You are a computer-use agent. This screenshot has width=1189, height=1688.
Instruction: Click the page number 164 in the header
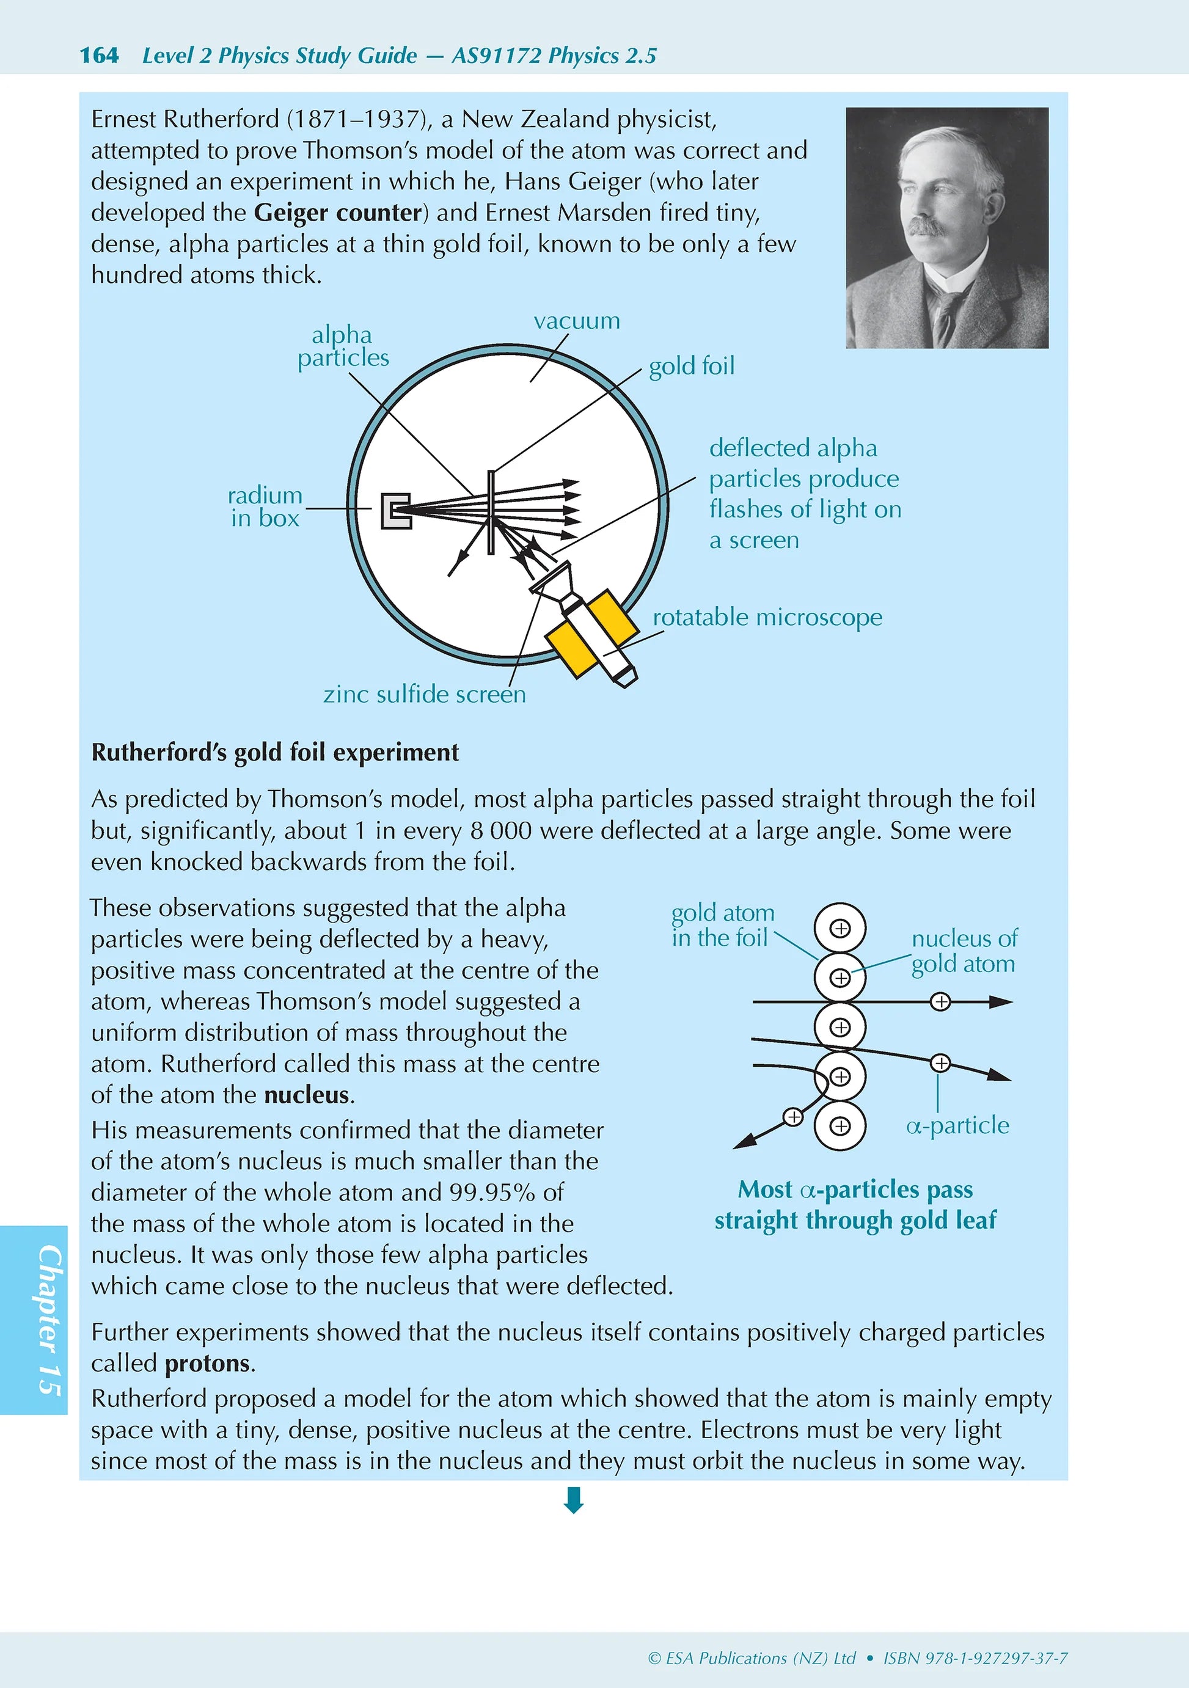coord(98,55)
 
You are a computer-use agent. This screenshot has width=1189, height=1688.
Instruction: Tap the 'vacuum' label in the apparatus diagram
coord(577,321)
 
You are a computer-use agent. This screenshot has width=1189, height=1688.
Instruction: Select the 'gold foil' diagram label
coord(691,365)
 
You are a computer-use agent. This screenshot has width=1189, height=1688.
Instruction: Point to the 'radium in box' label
coord(265,506)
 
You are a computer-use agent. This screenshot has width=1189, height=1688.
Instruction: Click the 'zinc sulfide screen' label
coord(424,694)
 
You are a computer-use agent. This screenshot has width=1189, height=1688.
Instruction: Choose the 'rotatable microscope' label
coord(767,617)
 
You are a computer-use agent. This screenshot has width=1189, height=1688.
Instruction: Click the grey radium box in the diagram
coord(395,510)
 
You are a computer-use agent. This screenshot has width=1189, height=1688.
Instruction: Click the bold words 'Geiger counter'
coord(338,213)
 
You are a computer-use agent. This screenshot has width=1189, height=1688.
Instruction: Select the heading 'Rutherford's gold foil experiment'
coord(274,752)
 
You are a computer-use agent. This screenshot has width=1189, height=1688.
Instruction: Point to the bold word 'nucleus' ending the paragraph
coord(306,1095)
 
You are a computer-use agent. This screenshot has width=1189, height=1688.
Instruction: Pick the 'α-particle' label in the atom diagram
coord(957,1125)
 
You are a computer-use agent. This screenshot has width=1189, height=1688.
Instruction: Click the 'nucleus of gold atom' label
coord(964,951)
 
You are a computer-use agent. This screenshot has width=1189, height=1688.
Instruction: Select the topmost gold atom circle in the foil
coord(840,929)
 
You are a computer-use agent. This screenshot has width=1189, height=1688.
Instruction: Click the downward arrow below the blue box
coord(574,1500)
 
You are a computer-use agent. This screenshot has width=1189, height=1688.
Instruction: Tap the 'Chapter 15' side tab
coord(49,1320)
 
